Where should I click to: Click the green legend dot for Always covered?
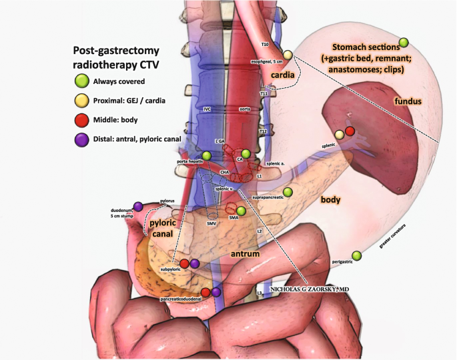pos(81,81)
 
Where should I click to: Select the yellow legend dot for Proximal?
pos(81,101)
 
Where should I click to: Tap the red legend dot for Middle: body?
pos(81,120)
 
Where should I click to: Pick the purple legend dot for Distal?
pos(81,139)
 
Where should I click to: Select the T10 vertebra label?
pos(265,45)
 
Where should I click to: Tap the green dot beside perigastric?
pos(356,256)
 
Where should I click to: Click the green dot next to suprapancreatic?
pos(288,193)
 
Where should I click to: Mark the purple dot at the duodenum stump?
pos(138,206)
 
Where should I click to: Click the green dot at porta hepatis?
pos(207,156)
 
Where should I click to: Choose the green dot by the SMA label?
pos(241,211)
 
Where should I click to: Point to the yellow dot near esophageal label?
pos(288,55)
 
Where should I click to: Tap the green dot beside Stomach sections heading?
pos(404,43)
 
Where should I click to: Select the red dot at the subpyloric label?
pos(184,264)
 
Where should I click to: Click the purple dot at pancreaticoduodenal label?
pos(216,292)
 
